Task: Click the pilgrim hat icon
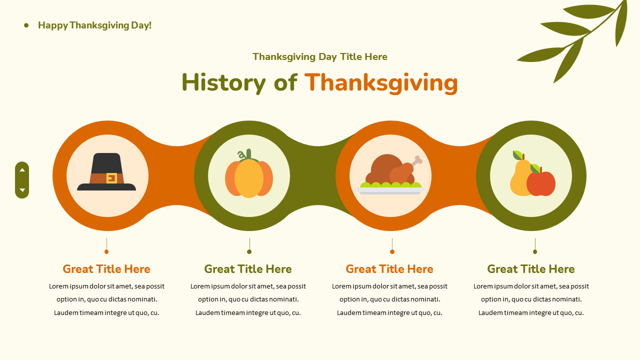point(106,172)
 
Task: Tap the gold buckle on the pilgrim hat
point(111,178)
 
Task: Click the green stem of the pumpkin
point(248,154)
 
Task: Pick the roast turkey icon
point(390,172)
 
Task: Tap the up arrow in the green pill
point(22,170)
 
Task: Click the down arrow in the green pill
point(22,190)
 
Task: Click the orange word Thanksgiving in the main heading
point(381,82)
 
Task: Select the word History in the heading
point(223,82)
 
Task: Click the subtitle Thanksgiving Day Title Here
point(320,57)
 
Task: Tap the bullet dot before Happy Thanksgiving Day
point(26,25)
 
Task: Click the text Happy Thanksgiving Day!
point(94,25)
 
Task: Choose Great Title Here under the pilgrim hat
point(106,269)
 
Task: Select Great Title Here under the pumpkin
point(248,269)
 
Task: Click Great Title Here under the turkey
point(389,269)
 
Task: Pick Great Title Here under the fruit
point(531,269)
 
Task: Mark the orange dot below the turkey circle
point(392,251)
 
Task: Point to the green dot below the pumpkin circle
point(249,251)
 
